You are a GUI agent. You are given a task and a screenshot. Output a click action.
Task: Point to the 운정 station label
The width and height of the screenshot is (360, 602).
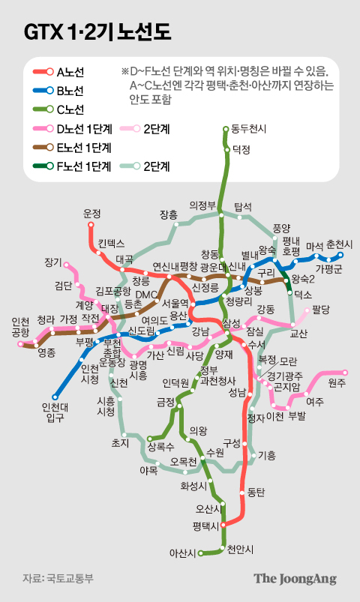coord(91,213)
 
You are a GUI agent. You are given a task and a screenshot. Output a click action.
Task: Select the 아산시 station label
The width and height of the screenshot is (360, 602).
coord(181,554)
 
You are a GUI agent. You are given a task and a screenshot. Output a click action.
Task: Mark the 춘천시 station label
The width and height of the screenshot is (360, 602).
coord(340,245)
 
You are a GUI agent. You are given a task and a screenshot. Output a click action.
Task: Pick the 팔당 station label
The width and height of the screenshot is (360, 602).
coord(321,309)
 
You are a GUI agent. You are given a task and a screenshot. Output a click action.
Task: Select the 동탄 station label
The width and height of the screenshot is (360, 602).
coord(256,493)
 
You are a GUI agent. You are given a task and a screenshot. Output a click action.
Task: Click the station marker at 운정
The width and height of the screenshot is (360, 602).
coord(91,224)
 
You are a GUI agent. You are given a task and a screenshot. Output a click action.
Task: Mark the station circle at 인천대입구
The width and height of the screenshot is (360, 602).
coord(55,397)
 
